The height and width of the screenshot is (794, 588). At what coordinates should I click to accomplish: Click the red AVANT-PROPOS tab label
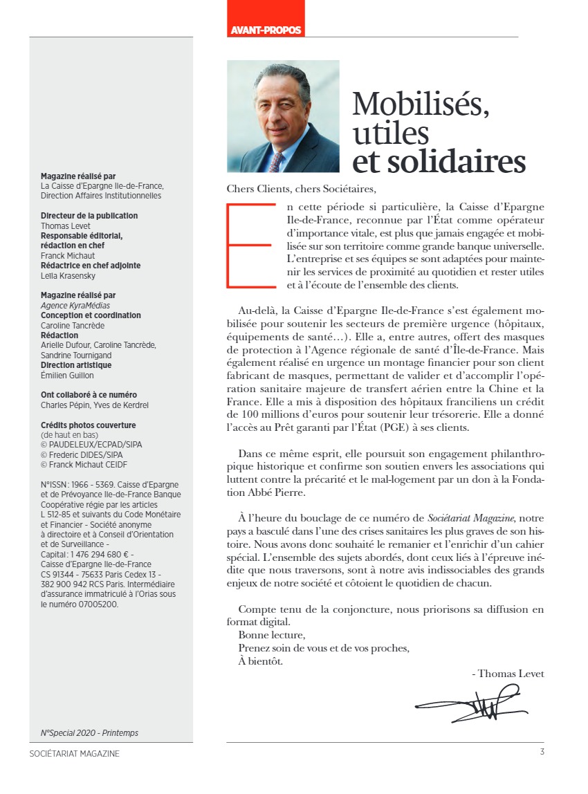[266, 30]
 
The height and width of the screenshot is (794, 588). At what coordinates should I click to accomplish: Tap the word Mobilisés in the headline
[421, 104]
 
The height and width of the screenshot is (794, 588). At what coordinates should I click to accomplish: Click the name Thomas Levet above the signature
[511, 674]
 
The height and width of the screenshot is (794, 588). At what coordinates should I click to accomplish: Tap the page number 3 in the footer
[542, 753]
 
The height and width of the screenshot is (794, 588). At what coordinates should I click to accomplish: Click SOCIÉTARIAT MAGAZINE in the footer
[75, 753]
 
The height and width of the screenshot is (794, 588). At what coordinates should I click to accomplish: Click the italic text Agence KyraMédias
[75, 305]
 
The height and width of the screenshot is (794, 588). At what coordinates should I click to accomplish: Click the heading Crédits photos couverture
[88, 425]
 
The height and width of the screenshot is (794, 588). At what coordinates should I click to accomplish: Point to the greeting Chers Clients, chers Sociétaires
[304, 188]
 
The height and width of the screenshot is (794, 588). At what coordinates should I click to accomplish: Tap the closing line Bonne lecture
[271, 634]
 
